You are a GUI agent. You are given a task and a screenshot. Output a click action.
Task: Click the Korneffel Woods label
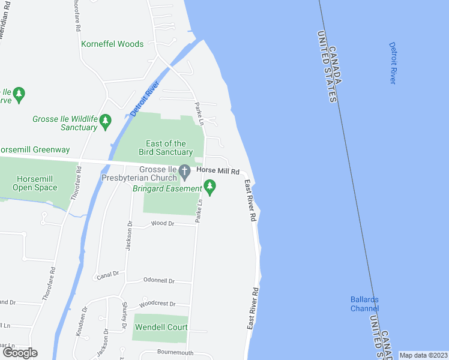pyautogui.click(x=113, y=44)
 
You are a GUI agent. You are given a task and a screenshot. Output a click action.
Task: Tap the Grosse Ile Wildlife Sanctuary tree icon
pyautogui.click(x=106, y=121)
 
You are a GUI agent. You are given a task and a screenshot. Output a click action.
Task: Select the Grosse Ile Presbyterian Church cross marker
pyautogui.click(x=186, y=172)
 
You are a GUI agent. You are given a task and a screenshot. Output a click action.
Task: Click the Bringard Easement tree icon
pyautogui.click(x=210, y=189)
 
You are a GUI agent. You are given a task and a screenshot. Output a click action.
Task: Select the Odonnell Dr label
pyautogui.click(x=158, y=281)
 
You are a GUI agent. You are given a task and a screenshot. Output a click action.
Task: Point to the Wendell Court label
pyautogui.click(x=161, y=328)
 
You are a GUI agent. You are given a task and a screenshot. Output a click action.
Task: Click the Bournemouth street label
pyautogui.click(x=175, y=353)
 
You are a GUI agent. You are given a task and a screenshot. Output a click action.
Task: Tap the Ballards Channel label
pyautogui.click(x=364, y=304)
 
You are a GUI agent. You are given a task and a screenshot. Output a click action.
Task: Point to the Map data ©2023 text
pyautogui.click(x=423, y=355)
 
